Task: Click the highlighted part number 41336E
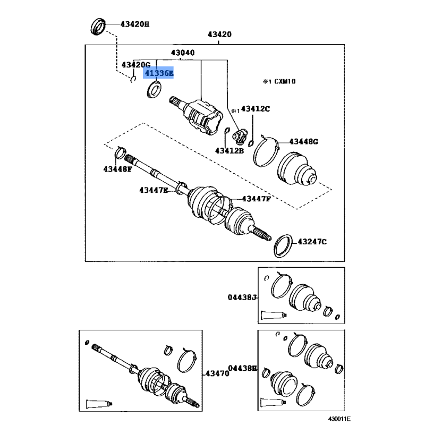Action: point(159,73)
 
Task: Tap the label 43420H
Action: point(135,24)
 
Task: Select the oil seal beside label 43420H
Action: point(98,26)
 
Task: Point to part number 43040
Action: point(183,53)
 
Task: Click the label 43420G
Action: point(136,65)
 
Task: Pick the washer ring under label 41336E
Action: point(154,89)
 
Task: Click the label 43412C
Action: point(256,109)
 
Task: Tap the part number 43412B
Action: point(229,150)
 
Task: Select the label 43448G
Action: point(303,141)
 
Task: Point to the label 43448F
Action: point(117,169)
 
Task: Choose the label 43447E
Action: point(154,190)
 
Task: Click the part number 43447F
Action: point(256,199)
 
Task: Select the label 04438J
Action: point(242,297)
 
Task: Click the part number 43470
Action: point(217,373)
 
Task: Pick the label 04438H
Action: point(243,368)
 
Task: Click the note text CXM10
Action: point(285,81)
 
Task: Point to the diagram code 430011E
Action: point(339,419)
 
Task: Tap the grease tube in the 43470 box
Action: point(99,404)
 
